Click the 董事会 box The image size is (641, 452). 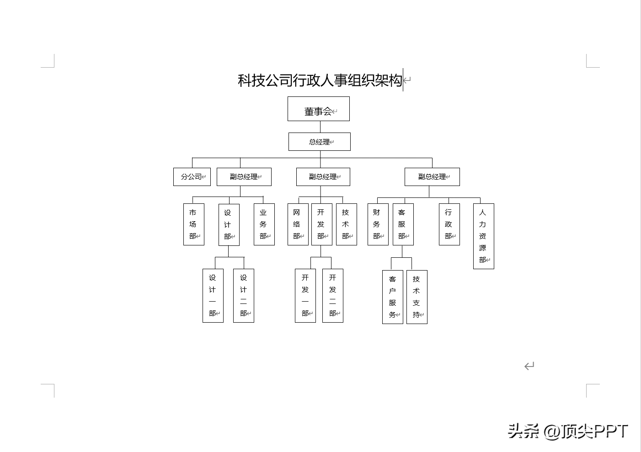pos(318,109)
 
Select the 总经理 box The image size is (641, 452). pos(319,142)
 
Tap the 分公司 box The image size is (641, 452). pos(192,177)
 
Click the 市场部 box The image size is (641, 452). pos(193,224)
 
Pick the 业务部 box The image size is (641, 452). pos(264,224)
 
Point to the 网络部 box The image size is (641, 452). pos(298,224)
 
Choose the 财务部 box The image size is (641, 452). pos(378,224)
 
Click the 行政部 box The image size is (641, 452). pos(449,224)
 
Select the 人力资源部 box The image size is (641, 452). pos(483,236)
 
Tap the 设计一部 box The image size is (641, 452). pos(213,296)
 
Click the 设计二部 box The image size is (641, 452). pos(243,296)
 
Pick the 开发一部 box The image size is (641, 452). pos(305,296)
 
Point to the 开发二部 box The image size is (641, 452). pos(332,296)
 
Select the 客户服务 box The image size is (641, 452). pos(392,297)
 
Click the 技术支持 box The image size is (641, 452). pos(417,297)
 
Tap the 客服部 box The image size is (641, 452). pos(403,224)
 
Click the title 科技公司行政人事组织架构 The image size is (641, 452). pos(320,80)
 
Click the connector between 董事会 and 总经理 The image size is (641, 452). pos(320,127)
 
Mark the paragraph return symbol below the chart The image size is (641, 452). pos(529,366)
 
